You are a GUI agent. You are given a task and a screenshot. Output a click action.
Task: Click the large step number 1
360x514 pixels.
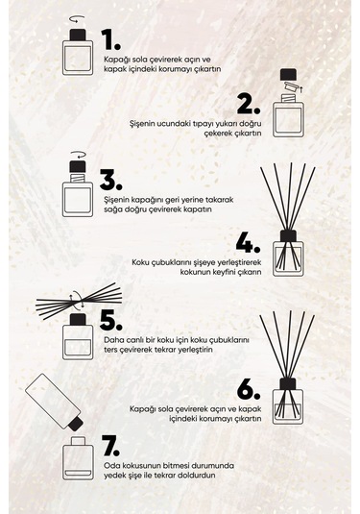tap(112, 38)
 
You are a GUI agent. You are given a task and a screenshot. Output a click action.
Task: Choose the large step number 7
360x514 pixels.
tap(112, 448)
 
